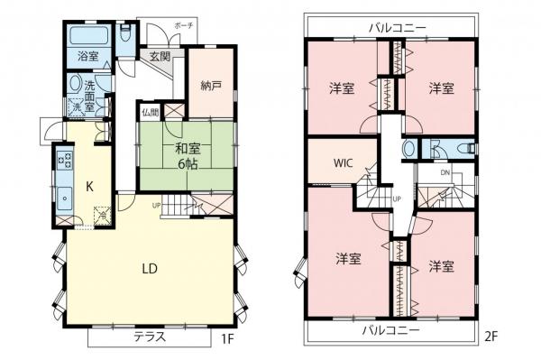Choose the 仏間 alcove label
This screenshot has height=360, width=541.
[150, 113]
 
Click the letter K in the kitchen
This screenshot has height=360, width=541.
[90, 187]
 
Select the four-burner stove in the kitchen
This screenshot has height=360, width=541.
[65, 163]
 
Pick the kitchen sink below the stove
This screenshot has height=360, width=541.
[65, 198]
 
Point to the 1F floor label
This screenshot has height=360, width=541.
[228, 340]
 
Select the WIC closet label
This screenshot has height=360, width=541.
[343, 164]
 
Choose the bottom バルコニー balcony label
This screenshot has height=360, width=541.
[390, 330]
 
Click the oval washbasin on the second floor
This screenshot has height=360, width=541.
[408, 149]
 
